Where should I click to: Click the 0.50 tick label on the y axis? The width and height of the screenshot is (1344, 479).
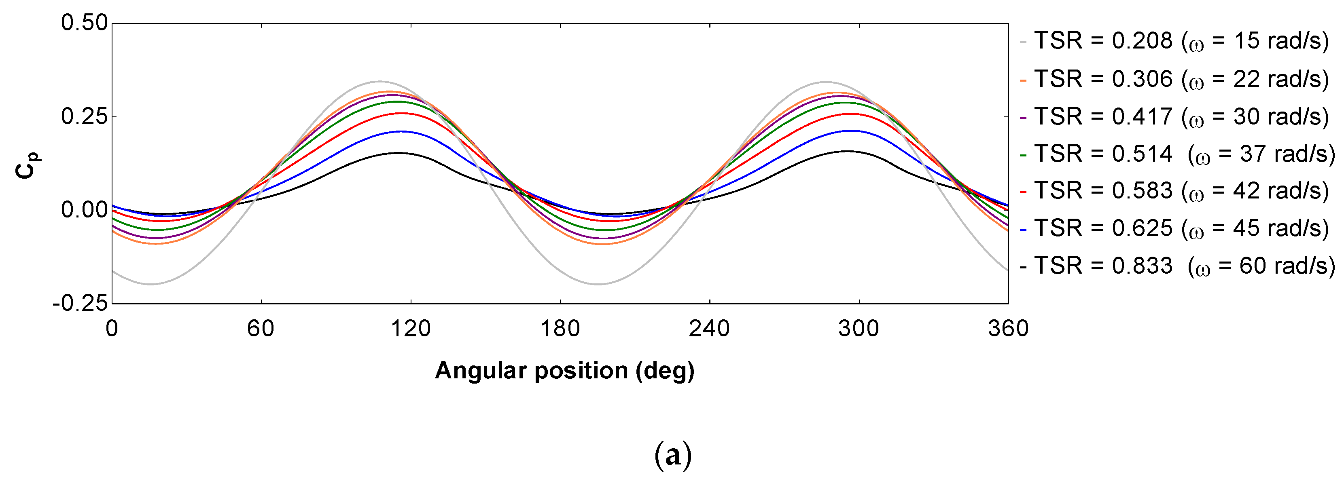click(85, 23)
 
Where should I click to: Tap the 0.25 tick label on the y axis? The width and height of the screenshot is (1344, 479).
click(85, 116)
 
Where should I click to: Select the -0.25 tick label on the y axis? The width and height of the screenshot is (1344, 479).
click(81, 303)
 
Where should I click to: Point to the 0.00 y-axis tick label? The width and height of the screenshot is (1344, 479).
click(85, 209)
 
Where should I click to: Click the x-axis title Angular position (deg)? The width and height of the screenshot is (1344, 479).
click(564, 371)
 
